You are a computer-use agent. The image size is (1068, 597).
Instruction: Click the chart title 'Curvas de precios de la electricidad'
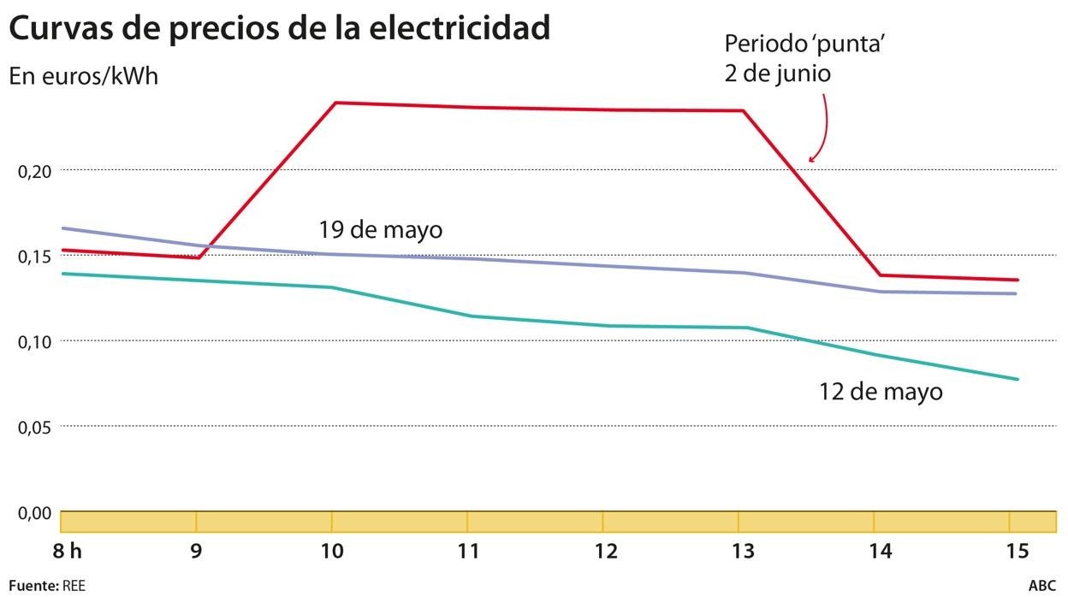pos(279,29)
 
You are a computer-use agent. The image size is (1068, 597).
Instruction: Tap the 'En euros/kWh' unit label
pos(84,75)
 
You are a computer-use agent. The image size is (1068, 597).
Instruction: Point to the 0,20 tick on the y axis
pos(35,171)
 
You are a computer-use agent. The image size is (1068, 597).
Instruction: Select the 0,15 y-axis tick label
pos(35,257)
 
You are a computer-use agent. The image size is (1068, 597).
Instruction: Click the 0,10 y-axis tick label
pos(35,341)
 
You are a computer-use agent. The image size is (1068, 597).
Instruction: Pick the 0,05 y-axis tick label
pos(35,426)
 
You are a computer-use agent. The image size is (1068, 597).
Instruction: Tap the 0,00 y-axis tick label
pos(35,512)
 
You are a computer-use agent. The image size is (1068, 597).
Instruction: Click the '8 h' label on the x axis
pos(67,552)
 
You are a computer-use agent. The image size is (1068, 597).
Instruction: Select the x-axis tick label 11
pos(468,552)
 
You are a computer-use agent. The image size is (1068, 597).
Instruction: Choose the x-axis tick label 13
pos(742,552)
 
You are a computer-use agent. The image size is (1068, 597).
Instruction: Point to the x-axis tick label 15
pos(1016,552)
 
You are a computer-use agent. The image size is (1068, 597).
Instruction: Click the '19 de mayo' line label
pos(380,230)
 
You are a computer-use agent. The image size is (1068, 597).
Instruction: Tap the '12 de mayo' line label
pos(881,392)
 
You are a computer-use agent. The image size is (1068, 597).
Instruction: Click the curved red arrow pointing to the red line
pos(823,128)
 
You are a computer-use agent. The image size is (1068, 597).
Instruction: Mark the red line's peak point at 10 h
pos(335,103)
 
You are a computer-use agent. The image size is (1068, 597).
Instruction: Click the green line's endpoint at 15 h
pos(1018,379)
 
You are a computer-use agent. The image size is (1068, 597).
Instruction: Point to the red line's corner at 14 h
pos(881,275)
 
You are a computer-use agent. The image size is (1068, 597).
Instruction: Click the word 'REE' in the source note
pos(74,586)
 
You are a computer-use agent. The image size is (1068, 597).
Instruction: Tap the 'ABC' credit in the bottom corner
pos(1041,586)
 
